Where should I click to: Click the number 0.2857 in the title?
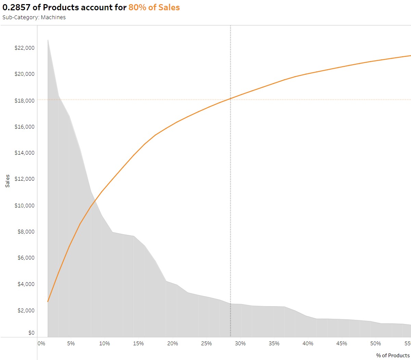16,8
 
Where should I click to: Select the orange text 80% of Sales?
154,8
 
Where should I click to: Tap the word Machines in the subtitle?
53,17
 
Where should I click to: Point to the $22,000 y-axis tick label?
24,48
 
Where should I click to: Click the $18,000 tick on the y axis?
24,100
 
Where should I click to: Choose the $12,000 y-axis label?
24,179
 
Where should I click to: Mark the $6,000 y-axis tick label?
26,258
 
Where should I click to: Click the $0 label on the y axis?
31,333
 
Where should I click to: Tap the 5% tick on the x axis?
71,344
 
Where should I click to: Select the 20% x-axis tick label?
173,344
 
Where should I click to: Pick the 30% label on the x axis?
240,344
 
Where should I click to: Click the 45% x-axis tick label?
342,344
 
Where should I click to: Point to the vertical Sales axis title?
8,181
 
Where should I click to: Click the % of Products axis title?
393,356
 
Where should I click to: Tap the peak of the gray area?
48,40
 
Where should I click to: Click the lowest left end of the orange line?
48,302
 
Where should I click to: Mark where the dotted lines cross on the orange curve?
231,99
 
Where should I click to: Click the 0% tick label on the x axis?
41,344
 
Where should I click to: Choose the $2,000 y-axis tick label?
26,311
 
